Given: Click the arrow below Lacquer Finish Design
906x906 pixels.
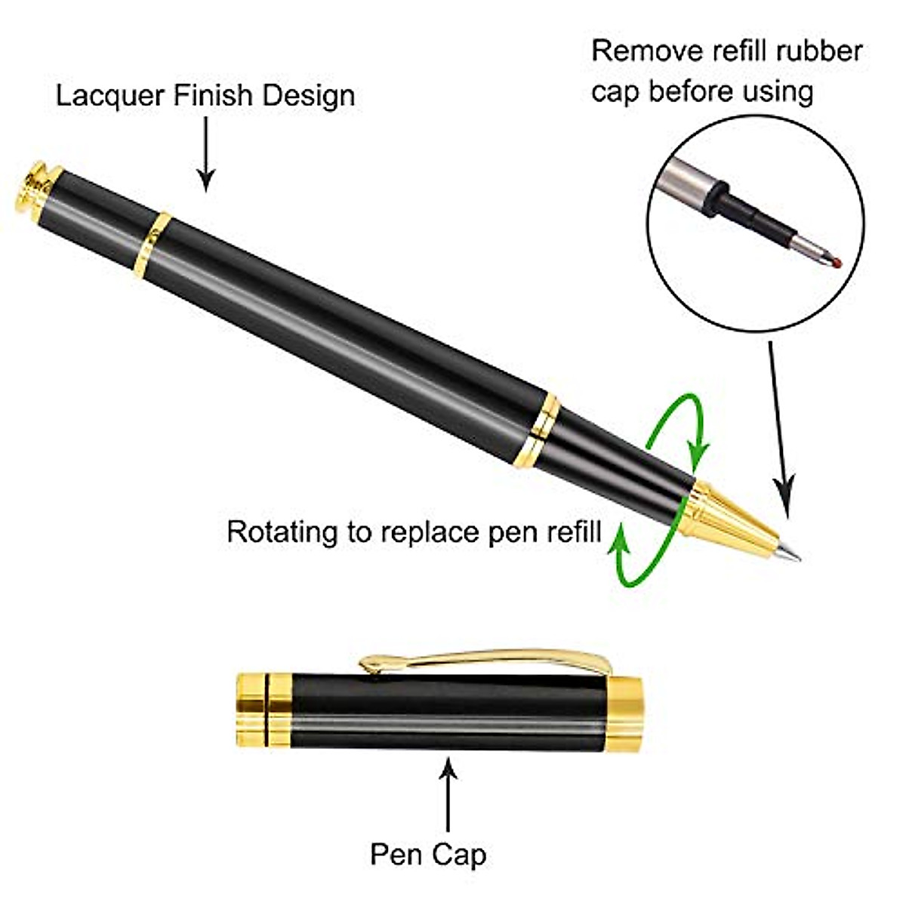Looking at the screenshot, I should click(205, 155).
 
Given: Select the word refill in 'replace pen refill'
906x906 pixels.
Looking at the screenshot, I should click(569, 532).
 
